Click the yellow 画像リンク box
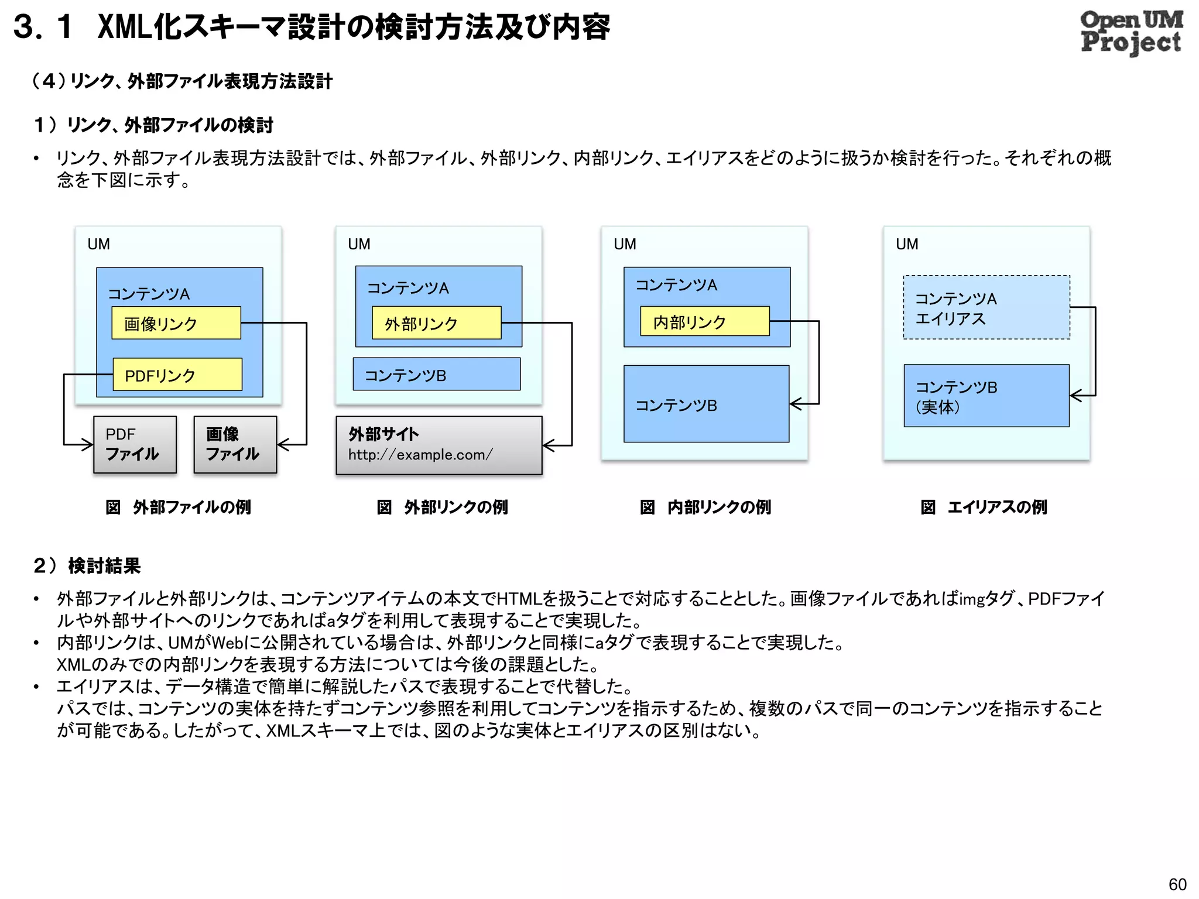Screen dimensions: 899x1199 (176, 323)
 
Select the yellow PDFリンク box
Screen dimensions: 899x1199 (177, 375)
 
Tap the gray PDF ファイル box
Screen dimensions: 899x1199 (135, 444)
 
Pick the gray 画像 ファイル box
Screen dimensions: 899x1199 (235, 444)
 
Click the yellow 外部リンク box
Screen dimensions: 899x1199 (437, 323)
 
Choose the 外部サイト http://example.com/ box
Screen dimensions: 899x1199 (439, 445)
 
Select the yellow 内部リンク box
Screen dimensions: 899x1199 (704, 321)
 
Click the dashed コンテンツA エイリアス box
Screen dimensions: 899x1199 (986, 307)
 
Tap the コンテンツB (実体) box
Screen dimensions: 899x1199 (986, 396)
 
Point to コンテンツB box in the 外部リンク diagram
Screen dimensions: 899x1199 (437, 375)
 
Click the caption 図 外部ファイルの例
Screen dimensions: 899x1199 (178, 507)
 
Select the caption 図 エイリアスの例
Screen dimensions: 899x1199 (984, 507)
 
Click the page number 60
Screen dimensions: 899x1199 (1177, 884)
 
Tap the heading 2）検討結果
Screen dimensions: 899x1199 (87, 566)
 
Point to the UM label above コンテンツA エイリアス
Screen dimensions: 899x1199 (907, 244)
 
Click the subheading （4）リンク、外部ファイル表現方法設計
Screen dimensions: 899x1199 (182, 81)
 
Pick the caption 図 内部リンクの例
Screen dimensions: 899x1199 (705, 507)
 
